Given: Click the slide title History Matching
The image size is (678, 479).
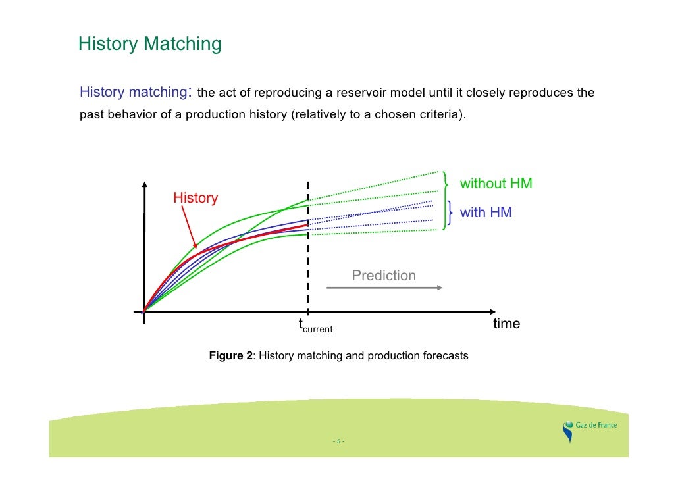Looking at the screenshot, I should (x=149, y=44).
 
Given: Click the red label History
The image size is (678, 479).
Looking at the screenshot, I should (x=195, y=198).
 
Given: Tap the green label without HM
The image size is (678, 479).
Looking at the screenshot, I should (x=495, y=184).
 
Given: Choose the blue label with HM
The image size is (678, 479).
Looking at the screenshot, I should (x=486, y=213).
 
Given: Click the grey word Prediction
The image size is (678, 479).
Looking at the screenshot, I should (x=384, y=275).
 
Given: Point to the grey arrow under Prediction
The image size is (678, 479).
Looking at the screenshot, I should (x=384, y=288).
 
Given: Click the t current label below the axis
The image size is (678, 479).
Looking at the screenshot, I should (x=315, y=325).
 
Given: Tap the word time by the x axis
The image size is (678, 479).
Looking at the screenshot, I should (x=506, y=324).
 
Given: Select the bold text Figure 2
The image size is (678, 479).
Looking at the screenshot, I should (x=230, y=355).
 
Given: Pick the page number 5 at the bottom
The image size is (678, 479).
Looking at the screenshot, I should (x=338, y=441).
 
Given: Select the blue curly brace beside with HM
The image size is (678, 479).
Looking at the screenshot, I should (x=450, y=213).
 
